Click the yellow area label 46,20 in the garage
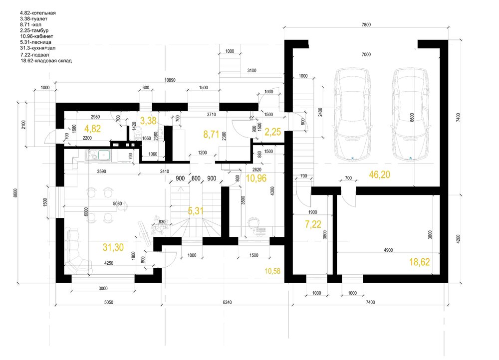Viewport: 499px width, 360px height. [x=379, y=175]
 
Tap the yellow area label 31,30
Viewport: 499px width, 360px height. [x=113, y=247]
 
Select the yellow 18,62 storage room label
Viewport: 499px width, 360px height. [x=420, y=262]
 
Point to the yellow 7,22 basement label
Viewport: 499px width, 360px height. [x=313, y=224]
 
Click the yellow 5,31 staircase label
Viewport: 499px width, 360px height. [x=196, y=210]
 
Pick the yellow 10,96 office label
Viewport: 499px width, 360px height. [x=256, y=178]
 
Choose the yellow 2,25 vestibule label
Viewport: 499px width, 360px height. [x=273, y=132]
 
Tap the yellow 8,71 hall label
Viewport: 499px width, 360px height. [x=211, y=134]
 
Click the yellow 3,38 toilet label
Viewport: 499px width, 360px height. [x=148, y=121]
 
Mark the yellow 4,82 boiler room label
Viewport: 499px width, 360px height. [x=93, y=129]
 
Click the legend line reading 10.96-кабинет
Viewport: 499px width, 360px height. [x=36, y=36]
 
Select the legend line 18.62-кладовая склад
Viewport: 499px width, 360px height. [x=46, y=60]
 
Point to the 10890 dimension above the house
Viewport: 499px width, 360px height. [x=170, y=80]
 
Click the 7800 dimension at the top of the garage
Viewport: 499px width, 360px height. [x=366, y=24]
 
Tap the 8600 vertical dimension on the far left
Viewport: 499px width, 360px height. [x=15, y=193]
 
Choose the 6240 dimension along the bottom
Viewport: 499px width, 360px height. [x=227, y=302]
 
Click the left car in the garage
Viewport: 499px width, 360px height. [x=352, y=114]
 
